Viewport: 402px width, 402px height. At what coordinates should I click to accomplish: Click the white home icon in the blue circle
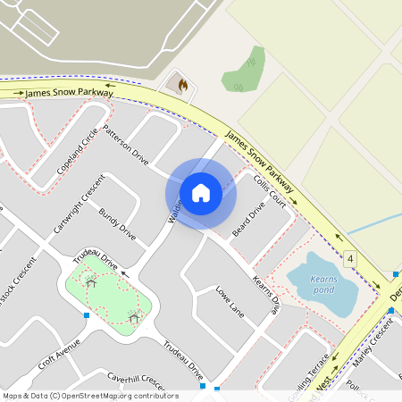201,192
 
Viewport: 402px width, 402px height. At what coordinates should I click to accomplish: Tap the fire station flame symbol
182,86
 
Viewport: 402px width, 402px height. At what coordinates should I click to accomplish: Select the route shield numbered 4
351,259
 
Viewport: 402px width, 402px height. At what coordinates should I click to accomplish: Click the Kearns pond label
323,284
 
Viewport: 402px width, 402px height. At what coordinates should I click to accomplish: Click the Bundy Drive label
117,224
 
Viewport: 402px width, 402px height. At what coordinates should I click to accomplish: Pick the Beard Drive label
249,221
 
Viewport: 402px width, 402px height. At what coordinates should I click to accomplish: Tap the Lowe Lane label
230,302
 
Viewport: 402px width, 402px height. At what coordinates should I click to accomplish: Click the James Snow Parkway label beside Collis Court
262,158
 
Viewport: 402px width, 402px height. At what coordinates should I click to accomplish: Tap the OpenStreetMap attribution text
90,396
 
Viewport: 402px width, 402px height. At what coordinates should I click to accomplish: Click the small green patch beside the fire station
243,70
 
